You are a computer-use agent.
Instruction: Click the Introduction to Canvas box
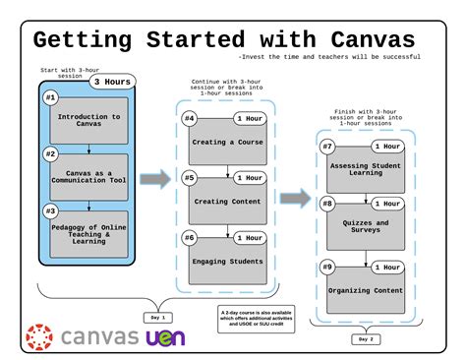89,120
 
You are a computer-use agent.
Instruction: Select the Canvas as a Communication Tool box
89,176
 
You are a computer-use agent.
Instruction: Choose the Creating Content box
227,202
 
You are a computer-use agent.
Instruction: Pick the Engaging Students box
227,261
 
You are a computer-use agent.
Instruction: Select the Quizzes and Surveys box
367,227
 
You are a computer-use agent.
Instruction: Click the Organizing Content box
367,289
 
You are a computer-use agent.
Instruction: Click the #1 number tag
50,98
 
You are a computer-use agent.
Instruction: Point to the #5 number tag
190,178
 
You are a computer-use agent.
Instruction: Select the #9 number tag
327,266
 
